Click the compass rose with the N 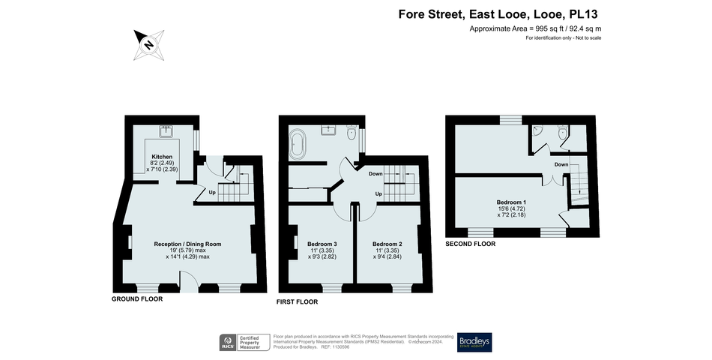coord(148,44)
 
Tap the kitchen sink coord(165,133)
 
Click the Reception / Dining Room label coord(187,244)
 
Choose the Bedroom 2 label coord(387,244)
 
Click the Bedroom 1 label coord(511,202)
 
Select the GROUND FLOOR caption coord(137,298)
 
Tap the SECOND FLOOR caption coord(470,244)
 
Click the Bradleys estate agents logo coord(475,342)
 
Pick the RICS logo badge coord(227,343)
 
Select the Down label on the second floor coord(561,163)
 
